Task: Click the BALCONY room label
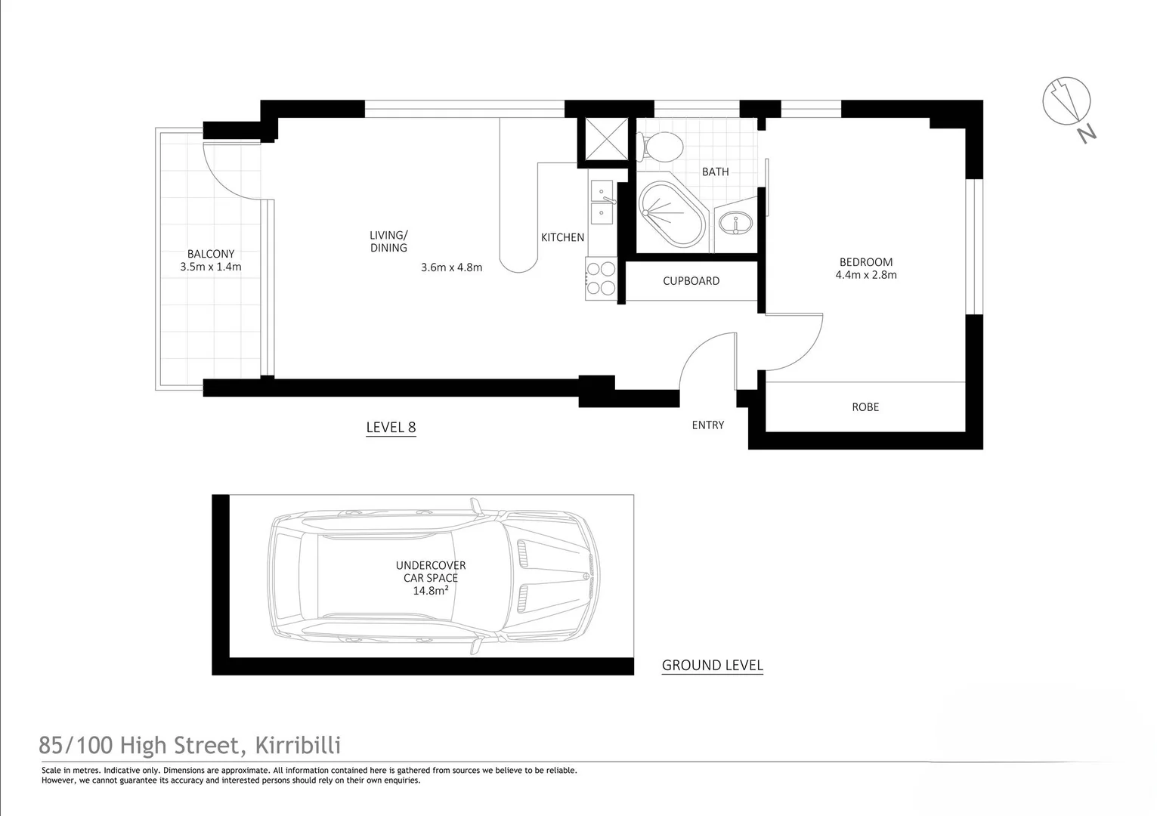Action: point(211,254)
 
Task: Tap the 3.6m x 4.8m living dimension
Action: point(451,267)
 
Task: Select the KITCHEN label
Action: point(562,237)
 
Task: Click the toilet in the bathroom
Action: point(659,146)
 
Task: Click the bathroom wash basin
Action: point(735,224)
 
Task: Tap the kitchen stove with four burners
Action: point(601,277)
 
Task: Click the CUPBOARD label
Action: point(691,281)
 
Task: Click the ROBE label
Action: point(865,407)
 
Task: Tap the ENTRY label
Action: point(707,425)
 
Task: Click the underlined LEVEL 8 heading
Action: point(391,428)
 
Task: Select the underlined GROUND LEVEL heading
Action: point(712,666)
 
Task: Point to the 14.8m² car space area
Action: point(430,591)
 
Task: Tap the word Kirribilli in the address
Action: point(298,746)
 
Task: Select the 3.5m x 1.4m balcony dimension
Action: point(211,267)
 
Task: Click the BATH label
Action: point(715,172)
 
